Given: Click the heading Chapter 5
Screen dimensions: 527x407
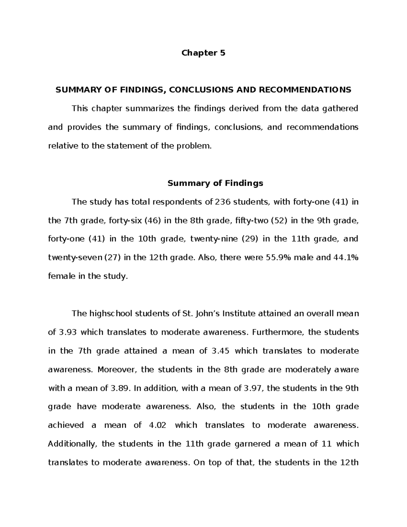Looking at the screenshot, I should click(203, 53).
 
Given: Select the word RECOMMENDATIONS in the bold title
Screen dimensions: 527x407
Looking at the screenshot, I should click(305, 90).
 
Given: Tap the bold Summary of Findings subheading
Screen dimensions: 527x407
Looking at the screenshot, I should click(215, 184).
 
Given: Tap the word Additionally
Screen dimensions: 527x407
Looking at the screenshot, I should click(73, 444).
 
